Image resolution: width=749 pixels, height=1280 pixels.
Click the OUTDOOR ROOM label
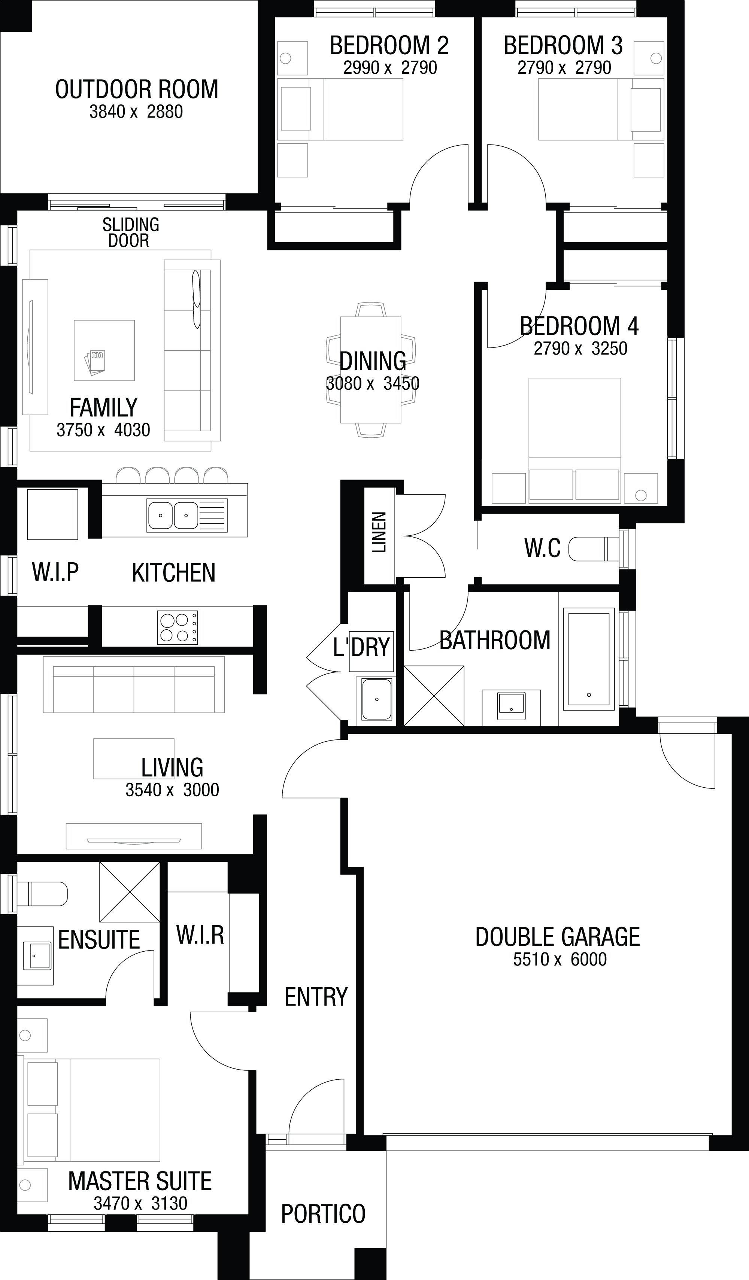[137, 89]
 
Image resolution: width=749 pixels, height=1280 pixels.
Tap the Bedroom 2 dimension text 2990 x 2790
[390, 67]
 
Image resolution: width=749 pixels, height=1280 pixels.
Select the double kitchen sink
[187, 515]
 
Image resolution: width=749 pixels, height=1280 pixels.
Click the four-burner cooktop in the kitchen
[178, 627]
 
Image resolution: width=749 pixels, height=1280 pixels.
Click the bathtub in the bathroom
[589, 659]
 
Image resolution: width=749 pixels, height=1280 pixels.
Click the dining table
[370, 370]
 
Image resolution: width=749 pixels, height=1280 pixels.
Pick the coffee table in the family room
[104, 350]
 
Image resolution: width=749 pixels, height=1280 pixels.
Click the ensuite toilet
[42, 894]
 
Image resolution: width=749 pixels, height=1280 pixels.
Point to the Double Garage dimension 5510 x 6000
[560, 960]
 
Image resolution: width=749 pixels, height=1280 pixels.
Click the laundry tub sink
[376, 699]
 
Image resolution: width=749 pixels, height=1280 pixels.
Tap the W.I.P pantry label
[55, 572]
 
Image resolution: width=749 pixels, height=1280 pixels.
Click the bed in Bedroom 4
[575, 440]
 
